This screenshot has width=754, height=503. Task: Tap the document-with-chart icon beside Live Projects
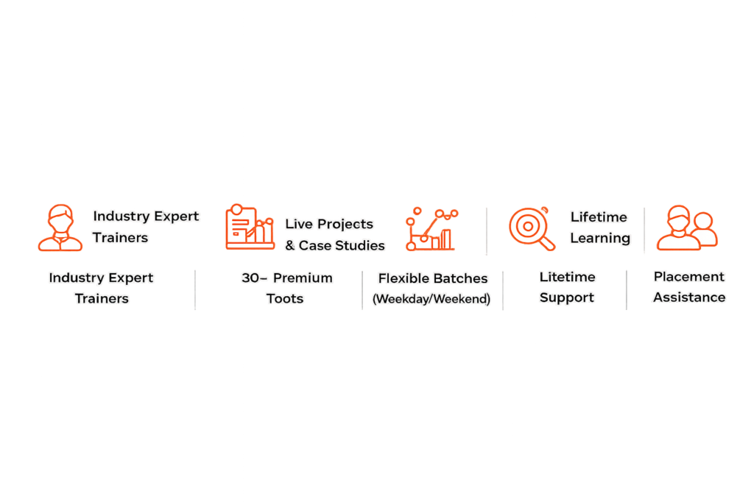250,227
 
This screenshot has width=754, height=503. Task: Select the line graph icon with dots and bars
431,229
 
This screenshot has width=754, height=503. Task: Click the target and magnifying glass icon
532,229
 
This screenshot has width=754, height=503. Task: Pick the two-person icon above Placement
687,228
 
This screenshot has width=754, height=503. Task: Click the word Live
299,224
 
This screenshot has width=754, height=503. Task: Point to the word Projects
345,225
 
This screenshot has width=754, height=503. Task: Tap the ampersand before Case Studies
289,246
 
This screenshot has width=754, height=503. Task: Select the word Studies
362,246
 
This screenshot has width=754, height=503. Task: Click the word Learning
600,239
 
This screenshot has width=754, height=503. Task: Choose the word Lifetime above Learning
599,217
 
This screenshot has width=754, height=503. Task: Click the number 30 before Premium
250,278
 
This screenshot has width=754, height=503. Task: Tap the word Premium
303,278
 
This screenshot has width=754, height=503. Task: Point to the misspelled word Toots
285,298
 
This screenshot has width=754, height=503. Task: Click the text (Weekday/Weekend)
431,299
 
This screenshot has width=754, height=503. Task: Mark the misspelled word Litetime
568,277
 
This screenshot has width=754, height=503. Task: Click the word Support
567,298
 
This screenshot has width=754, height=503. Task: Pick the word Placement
688,276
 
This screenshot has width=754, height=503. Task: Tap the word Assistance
689,298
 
